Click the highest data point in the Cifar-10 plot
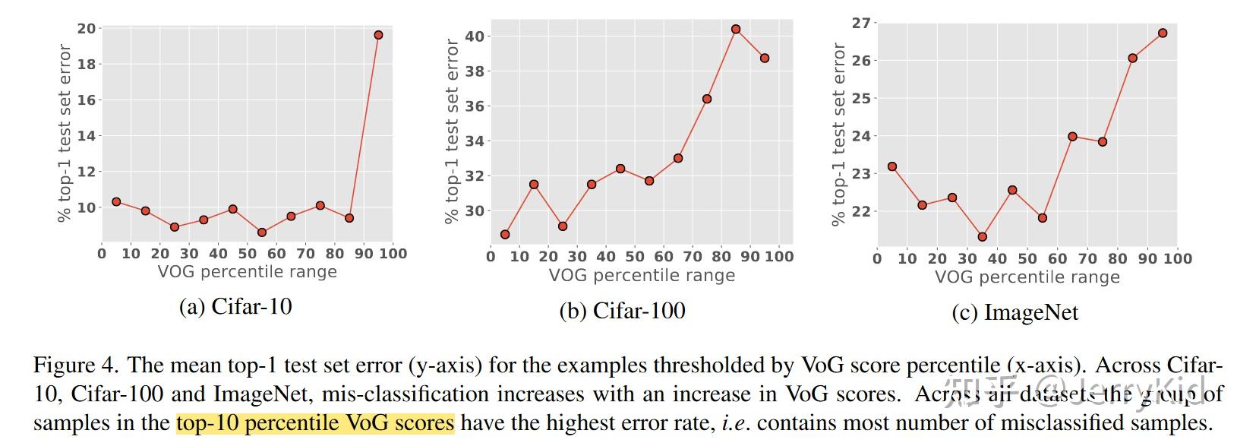coord(378,35)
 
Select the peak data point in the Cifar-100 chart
coord(736,29)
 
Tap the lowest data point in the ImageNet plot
coord(983,237)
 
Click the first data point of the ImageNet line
coord(892,166)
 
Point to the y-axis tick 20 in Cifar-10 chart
coord(87,29)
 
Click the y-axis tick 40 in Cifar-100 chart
coord(475,36)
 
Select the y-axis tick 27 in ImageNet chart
coord(860,23)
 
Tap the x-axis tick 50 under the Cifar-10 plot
coord(248,254)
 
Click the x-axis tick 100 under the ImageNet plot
coord(1177,259)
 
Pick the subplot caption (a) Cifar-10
coord(235,306)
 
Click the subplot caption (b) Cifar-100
coord(622,311)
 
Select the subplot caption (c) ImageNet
coord(1015,313)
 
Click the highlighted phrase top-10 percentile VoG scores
coord(315,422)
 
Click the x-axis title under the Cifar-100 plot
coord(642,276)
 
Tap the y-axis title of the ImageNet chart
coord(838,134)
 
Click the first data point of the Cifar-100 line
coord(505,234)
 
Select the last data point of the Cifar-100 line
coord(765,58)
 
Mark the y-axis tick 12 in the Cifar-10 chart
coord(87,172)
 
